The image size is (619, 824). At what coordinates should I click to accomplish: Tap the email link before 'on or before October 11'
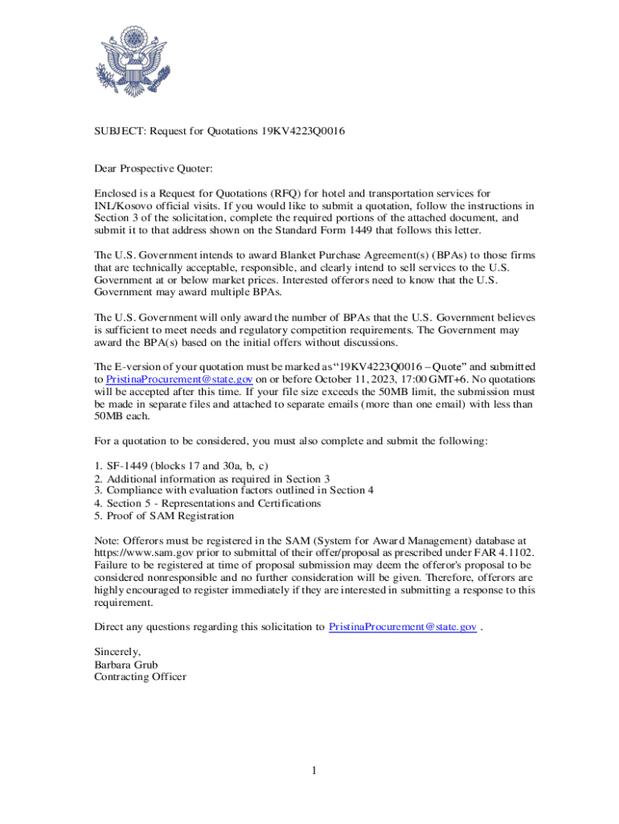coord(180,378)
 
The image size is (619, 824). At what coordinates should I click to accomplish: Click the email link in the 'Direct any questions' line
coord(403,626)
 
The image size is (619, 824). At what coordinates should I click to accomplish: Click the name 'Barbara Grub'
coord(126,665)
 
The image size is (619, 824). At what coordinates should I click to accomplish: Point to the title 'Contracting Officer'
coord(140,677)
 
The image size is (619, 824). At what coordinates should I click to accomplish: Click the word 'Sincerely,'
coord(118,652)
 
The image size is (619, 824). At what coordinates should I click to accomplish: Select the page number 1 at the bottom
coord(315,771)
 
